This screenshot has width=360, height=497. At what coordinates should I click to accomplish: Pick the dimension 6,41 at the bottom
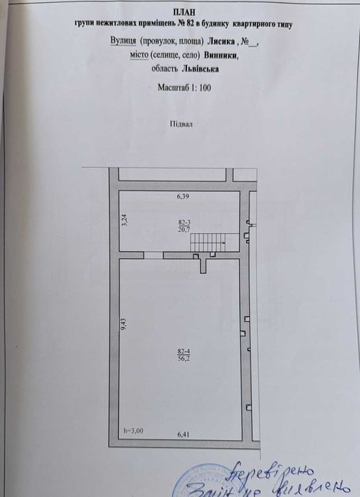(x=184, y=433)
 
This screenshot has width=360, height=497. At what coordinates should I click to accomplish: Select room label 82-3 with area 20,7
(x=184, y=225)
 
